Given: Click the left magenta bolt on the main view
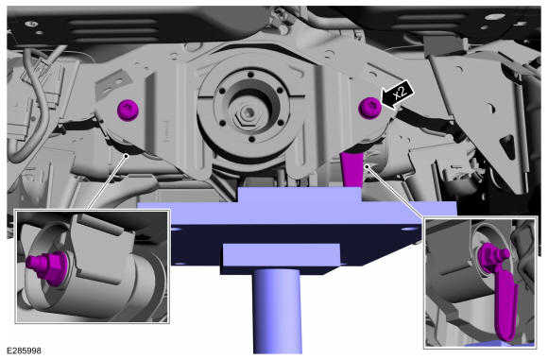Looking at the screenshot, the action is coord(128,110).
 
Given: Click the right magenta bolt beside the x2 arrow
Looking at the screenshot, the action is coord(369,108).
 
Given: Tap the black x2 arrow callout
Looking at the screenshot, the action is coord(398,94).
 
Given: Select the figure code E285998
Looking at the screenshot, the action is coord(24,351).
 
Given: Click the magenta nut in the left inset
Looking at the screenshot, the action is coord(45,265).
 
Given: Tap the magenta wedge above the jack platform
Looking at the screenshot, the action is coord(351,170).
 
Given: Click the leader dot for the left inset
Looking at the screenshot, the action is coord(127,156).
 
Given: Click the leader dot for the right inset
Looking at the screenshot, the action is coord(367,166).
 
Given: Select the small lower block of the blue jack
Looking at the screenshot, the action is coord(281,258).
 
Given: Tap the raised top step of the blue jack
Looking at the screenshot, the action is coord(300,195).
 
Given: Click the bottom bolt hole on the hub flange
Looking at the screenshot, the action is coord(251,140).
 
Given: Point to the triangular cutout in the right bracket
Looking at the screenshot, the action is coord(507,147).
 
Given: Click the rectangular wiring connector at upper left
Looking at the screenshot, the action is coord(43,76).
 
